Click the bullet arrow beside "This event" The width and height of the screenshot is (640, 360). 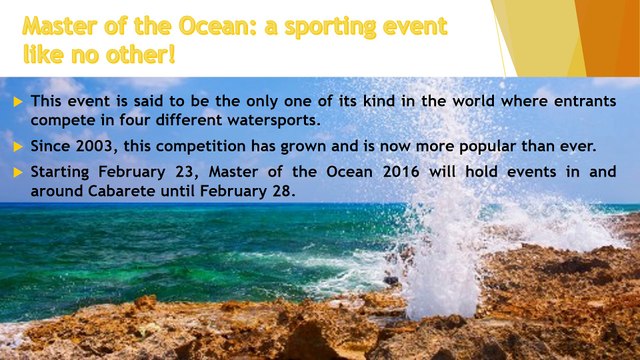click(18, 102)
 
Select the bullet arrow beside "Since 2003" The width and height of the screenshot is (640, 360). click(18, 146)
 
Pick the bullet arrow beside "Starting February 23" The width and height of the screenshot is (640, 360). click(18, 171)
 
